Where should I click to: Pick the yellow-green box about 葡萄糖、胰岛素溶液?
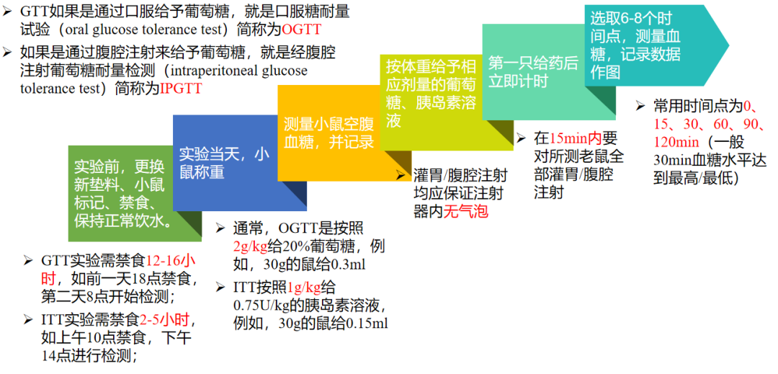pos(431,93)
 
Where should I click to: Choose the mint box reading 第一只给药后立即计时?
pos(533,72)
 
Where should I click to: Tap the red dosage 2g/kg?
pos(251,246)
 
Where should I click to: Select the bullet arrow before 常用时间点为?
pos(640,106)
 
